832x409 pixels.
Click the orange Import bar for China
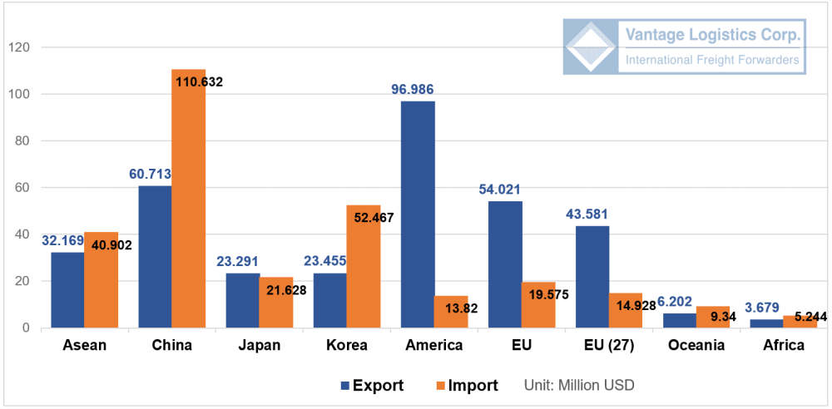click(189, 200)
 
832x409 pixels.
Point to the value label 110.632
click(198, 81)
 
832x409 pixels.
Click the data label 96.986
click(414, 89)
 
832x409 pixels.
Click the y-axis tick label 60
click(22, 188)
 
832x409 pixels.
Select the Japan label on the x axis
click(259, 345)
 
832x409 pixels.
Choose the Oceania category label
click(696, 345)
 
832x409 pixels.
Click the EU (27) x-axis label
click(609, 345)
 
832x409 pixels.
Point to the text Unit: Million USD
click(579, 386)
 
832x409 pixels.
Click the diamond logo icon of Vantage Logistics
click(592, 47)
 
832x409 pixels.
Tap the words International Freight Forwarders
click(712, 61)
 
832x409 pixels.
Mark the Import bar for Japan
click(276, 303)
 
